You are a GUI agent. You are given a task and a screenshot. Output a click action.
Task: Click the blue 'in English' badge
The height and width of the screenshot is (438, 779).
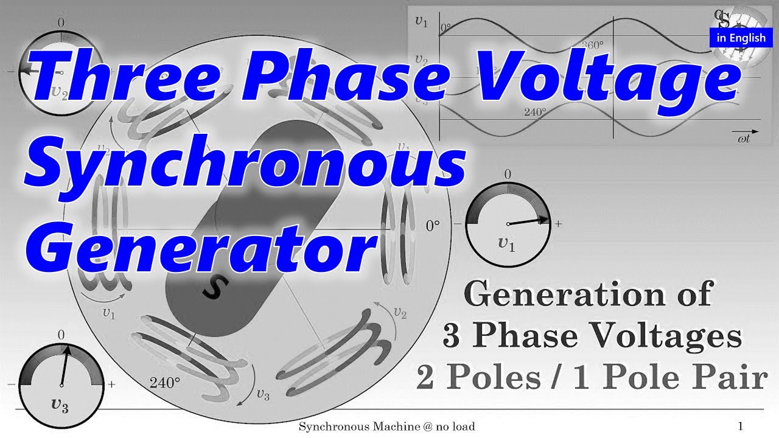point(741,38)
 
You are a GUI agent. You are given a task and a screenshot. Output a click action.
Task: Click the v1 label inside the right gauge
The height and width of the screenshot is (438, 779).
point(506,245)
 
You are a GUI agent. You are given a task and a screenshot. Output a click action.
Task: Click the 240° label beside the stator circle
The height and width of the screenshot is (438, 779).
point(165,383)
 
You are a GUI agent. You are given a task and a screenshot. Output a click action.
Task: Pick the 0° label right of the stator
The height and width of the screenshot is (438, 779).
point(432,226)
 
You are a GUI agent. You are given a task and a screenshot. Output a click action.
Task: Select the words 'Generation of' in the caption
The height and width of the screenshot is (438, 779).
point(587,295)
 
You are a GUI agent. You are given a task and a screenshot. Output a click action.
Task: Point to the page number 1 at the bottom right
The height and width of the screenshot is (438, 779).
point(741,426)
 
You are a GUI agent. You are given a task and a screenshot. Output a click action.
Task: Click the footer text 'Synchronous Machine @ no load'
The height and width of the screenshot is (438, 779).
point(386,426)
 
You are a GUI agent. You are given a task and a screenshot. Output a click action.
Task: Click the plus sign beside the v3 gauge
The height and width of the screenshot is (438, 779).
point(111,385)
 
